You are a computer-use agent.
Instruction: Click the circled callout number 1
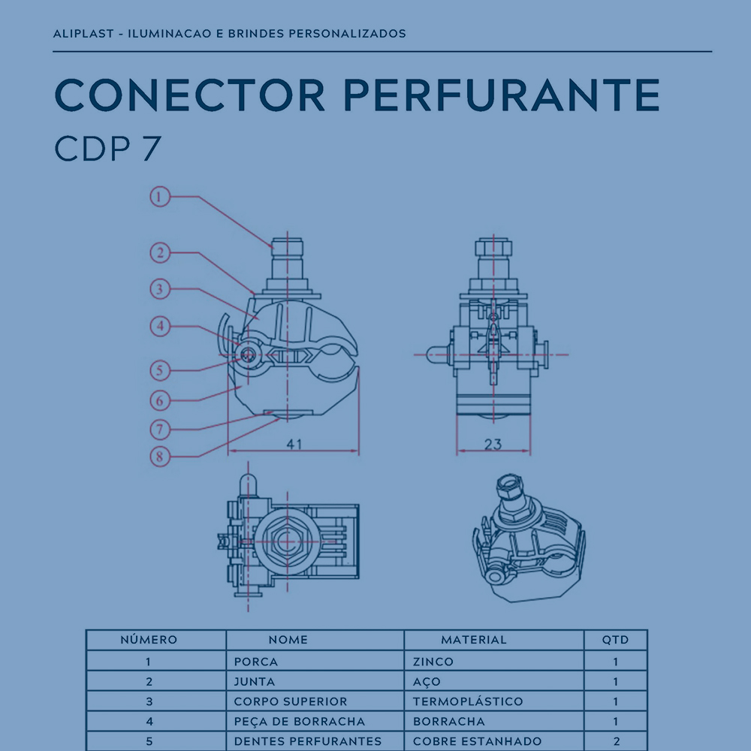[160, 196]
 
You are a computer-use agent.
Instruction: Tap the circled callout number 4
[160, 326]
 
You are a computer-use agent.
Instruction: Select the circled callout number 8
[160, 457]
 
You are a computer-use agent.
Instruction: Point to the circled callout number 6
[160, 400]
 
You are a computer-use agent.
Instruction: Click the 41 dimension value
[294, 444]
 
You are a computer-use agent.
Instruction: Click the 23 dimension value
[493, 445]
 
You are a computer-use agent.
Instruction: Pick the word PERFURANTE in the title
[502, 95]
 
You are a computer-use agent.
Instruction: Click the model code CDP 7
[107, 148]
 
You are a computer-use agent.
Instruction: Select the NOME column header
[288, 639]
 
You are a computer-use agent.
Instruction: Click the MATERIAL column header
[474, 639]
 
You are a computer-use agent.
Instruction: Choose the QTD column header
[616, 639]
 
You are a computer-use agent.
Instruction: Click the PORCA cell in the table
[256, 662]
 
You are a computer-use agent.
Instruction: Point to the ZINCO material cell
[433, 662]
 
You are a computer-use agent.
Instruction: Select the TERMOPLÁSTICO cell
[468, 701]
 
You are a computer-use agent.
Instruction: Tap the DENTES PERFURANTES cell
[308, 741]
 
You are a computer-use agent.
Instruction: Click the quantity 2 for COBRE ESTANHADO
[616, 741]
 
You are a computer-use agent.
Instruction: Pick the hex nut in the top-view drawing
[286, 541]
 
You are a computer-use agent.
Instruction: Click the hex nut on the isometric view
[509, 487]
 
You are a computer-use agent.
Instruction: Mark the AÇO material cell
[427, 682]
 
